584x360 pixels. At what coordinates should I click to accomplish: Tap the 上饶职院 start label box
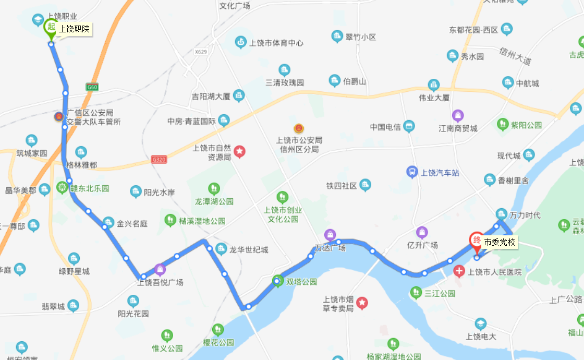tap(74, 29)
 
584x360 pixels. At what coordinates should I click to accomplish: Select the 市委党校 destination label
tap(499, 242)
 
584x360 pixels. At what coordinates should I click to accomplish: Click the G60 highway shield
tap(92, 88)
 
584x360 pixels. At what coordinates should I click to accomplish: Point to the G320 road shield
tap(159, 159)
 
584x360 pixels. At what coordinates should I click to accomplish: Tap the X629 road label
tap(201, 52)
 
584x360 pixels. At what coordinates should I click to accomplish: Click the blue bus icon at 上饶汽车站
tap(412, 172)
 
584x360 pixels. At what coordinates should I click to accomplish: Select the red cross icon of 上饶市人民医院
tap(459, 271)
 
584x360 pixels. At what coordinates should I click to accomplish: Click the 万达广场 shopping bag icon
tap(330, 235)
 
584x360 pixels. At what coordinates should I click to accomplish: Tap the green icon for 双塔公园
tap(278, 282)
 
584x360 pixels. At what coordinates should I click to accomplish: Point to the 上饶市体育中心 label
tap(276, 43)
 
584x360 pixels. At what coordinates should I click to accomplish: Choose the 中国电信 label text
tap(385, 127)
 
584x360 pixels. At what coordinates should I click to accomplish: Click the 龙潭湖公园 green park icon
tap(214, 188)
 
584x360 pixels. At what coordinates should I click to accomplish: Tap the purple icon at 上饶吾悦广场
tap(160, 269)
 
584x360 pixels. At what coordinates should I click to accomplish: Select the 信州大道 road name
tap(515, 56)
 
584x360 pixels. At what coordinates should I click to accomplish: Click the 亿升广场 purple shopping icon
tap(422, 232)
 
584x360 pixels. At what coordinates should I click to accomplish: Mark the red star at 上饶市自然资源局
tap(239, 152)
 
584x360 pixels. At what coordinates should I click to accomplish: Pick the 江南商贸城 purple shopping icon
tap(458, 115)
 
